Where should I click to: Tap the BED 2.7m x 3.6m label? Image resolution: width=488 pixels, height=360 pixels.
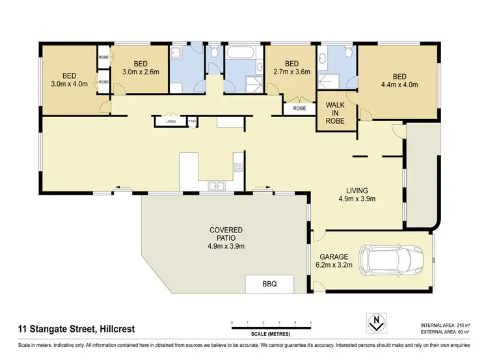tap(291, 68)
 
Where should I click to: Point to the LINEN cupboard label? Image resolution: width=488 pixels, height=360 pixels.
tap(171, 121)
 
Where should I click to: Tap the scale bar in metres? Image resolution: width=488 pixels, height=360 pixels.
tap(271, 324)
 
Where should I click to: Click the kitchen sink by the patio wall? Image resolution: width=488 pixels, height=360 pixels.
tap(216, 187)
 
